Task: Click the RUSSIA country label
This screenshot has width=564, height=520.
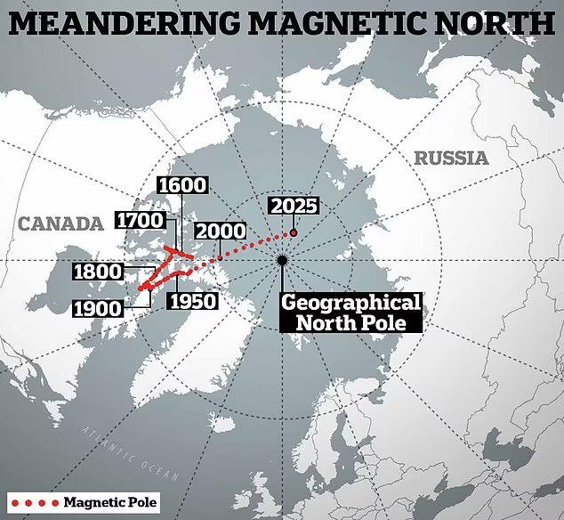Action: (x=451, y=158)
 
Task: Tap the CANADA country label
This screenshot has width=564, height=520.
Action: (x=60, y=224)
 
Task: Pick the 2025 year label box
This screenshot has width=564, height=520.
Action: (x=294, y=206)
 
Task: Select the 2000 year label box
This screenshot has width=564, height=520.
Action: (x=220, y=231)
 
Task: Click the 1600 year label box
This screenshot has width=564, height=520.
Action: (x=181, y=185)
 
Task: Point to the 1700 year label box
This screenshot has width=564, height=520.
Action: (x=138, y=219)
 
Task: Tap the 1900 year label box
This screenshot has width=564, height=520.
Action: (x=99, y=309)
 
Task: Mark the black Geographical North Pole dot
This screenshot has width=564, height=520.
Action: (x=282, y=260)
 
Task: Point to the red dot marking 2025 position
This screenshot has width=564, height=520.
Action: (x=294, y=233)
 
